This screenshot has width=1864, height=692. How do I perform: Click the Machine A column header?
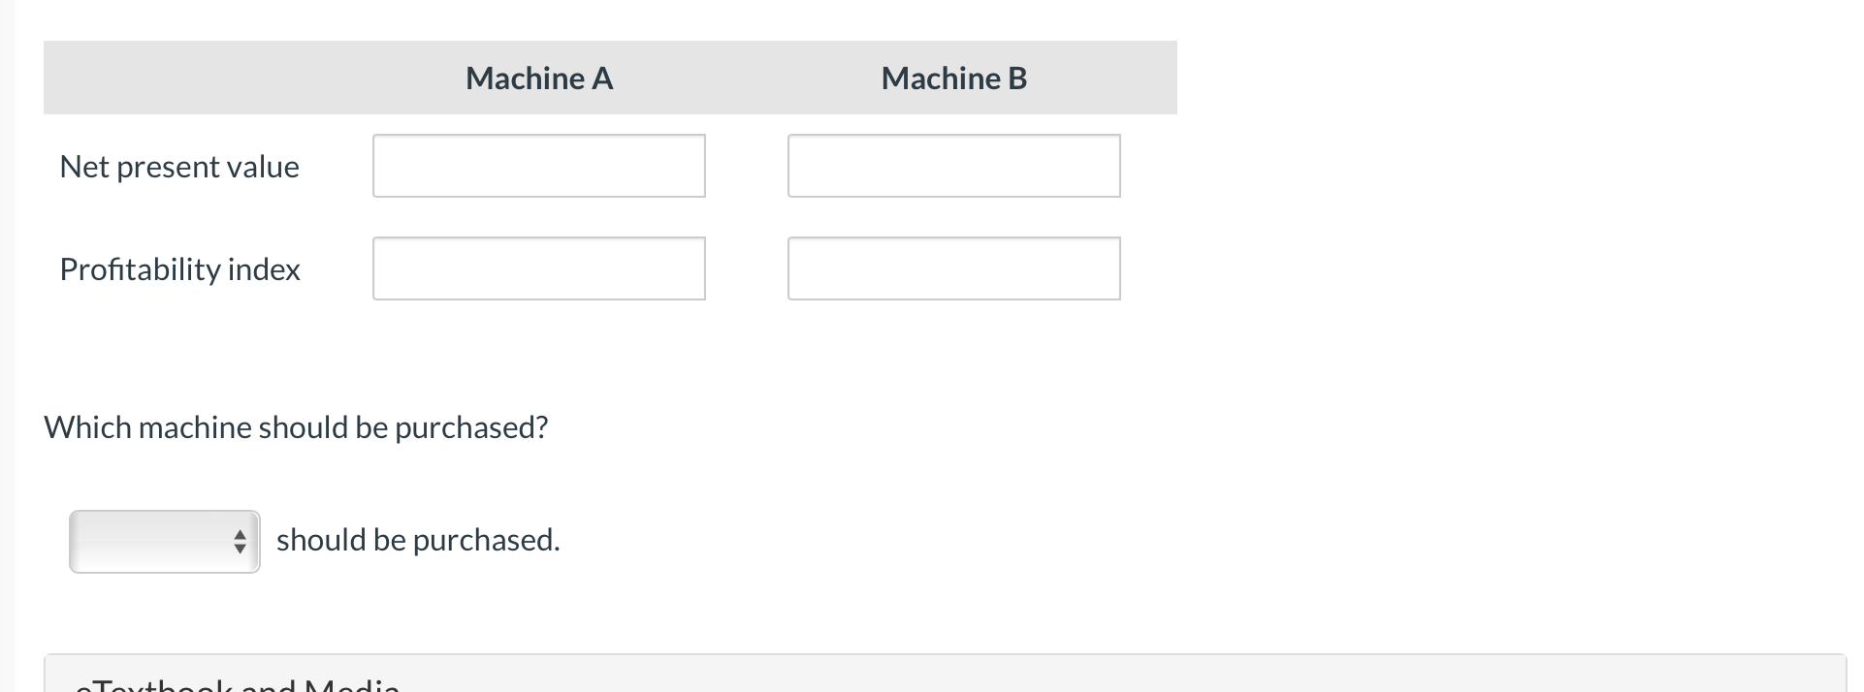tap(539, 79)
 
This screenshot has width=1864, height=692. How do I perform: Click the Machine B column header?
tap(953, 79)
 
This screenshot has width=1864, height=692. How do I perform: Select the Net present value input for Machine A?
tap(539, 166)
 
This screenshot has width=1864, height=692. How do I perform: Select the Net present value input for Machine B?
tap(953, 166)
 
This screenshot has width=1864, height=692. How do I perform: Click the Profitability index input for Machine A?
tap(539, 268)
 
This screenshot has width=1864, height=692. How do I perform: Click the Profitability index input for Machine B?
tap(953, 268)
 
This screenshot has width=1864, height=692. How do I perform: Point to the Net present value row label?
tap(179, 167)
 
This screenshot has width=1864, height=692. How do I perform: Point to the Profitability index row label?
tap(179, 269)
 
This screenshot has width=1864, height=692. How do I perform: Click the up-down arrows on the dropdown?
tap(240, 542)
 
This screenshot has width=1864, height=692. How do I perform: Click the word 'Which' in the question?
tap(87, 427)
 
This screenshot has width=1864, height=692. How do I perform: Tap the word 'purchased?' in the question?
tap(471, 427)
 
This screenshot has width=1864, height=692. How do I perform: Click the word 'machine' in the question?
tap(195, 427)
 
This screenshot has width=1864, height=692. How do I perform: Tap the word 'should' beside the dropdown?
tap(313, 540)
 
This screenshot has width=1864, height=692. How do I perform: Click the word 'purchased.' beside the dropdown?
tap(487, 540)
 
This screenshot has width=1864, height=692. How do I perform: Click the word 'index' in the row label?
tap(264, 269)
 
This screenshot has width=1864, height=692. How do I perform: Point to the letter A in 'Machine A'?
tap(602, 79)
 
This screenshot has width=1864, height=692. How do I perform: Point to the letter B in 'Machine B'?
tap(1017, 79)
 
